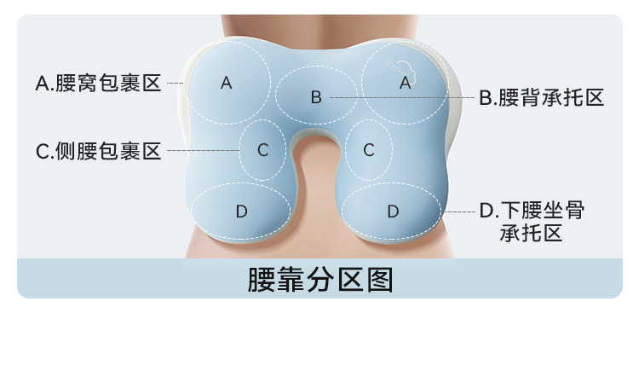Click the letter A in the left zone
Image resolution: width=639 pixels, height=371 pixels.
[226, 83]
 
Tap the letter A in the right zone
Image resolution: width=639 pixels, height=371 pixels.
[406, 83]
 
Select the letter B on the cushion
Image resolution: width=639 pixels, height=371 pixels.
[315, 97]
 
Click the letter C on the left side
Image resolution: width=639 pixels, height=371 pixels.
[262, 150]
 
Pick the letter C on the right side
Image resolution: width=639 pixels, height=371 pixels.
[369, 150]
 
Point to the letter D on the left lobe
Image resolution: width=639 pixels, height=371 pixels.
[241, 211]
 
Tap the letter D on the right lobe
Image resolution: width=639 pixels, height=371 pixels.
[393, 211]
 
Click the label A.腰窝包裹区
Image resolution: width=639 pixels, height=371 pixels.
[98, 84]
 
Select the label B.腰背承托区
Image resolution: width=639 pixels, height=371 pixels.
[541, 98]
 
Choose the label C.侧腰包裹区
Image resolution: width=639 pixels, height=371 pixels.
[98, 151]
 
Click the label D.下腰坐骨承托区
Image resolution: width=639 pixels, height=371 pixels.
[532, 221]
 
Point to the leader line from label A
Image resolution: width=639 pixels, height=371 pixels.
[176, 84]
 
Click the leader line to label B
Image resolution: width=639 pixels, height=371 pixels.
[400, 98]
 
